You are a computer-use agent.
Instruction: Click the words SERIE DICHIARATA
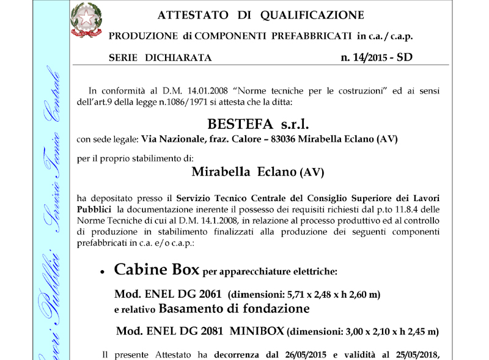point(160,59)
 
